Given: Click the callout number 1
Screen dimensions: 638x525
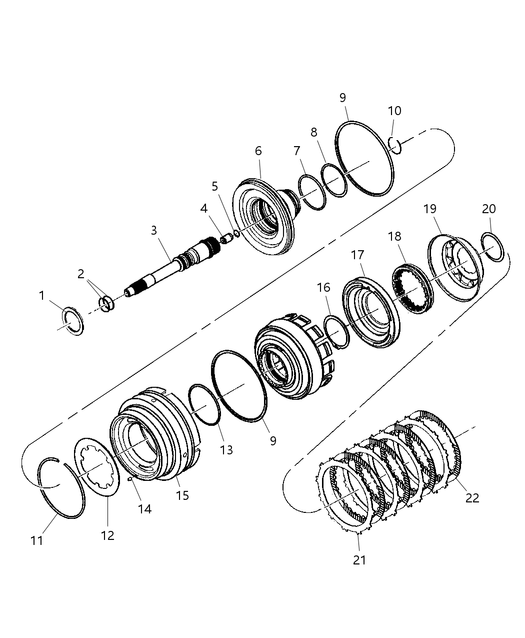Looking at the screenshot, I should (42, 296).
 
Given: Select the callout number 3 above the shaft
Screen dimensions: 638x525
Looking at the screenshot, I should (154, 230).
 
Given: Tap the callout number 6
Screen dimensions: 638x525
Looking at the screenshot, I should (258, 151).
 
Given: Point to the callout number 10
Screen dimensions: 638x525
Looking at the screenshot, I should (394, 111).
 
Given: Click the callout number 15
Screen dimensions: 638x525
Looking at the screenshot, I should (182, 495).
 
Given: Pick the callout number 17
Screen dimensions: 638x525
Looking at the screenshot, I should (357, 255).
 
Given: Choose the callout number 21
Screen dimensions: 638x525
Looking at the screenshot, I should (359, 560).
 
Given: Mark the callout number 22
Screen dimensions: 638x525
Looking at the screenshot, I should (472, 498).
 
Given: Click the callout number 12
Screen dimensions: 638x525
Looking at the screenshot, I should (107, 535).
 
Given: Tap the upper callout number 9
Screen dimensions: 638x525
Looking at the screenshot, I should (342, 98).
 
